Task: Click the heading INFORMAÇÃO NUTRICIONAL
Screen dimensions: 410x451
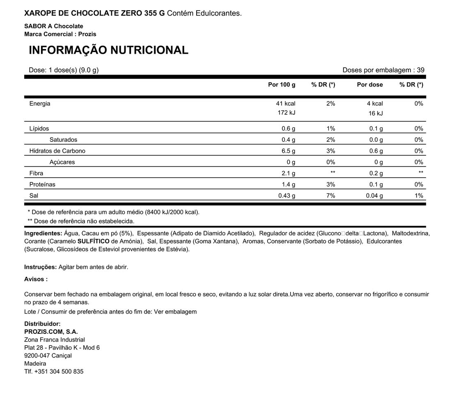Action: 108,50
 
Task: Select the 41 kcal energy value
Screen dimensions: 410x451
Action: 286,104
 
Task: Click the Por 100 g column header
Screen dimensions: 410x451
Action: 282,85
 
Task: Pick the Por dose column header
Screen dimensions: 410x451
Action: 370,85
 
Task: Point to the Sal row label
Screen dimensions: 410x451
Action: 34,196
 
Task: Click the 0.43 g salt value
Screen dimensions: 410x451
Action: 286,196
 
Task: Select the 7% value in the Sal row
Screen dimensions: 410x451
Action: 330,196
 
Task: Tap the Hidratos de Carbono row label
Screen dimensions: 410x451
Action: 57,151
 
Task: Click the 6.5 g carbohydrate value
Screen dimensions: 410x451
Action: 288,151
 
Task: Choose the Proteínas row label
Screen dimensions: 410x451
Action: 42,184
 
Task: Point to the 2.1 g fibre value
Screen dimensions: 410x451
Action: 288,173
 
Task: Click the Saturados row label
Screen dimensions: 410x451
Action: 63,140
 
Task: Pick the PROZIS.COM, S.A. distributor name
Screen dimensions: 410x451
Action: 51,332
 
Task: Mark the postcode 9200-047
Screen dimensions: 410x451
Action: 37,355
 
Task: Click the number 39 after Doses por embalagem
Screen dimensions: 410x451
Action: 421,70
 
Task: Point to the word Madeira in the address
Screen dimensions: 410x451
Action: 35,364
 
